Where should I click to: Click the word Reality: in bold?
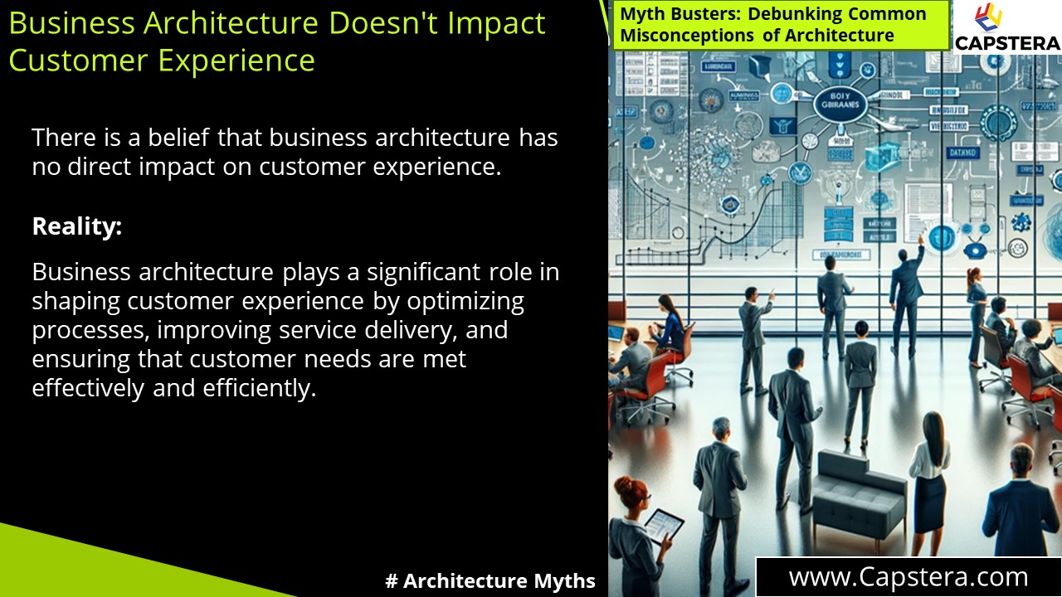click(76, 226)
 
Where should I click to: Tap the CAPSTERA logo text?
click(1006, 42)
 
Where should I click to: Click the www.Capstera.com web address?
click(909, 577)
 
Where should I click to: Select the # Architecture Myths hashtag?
click(490, 581)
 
